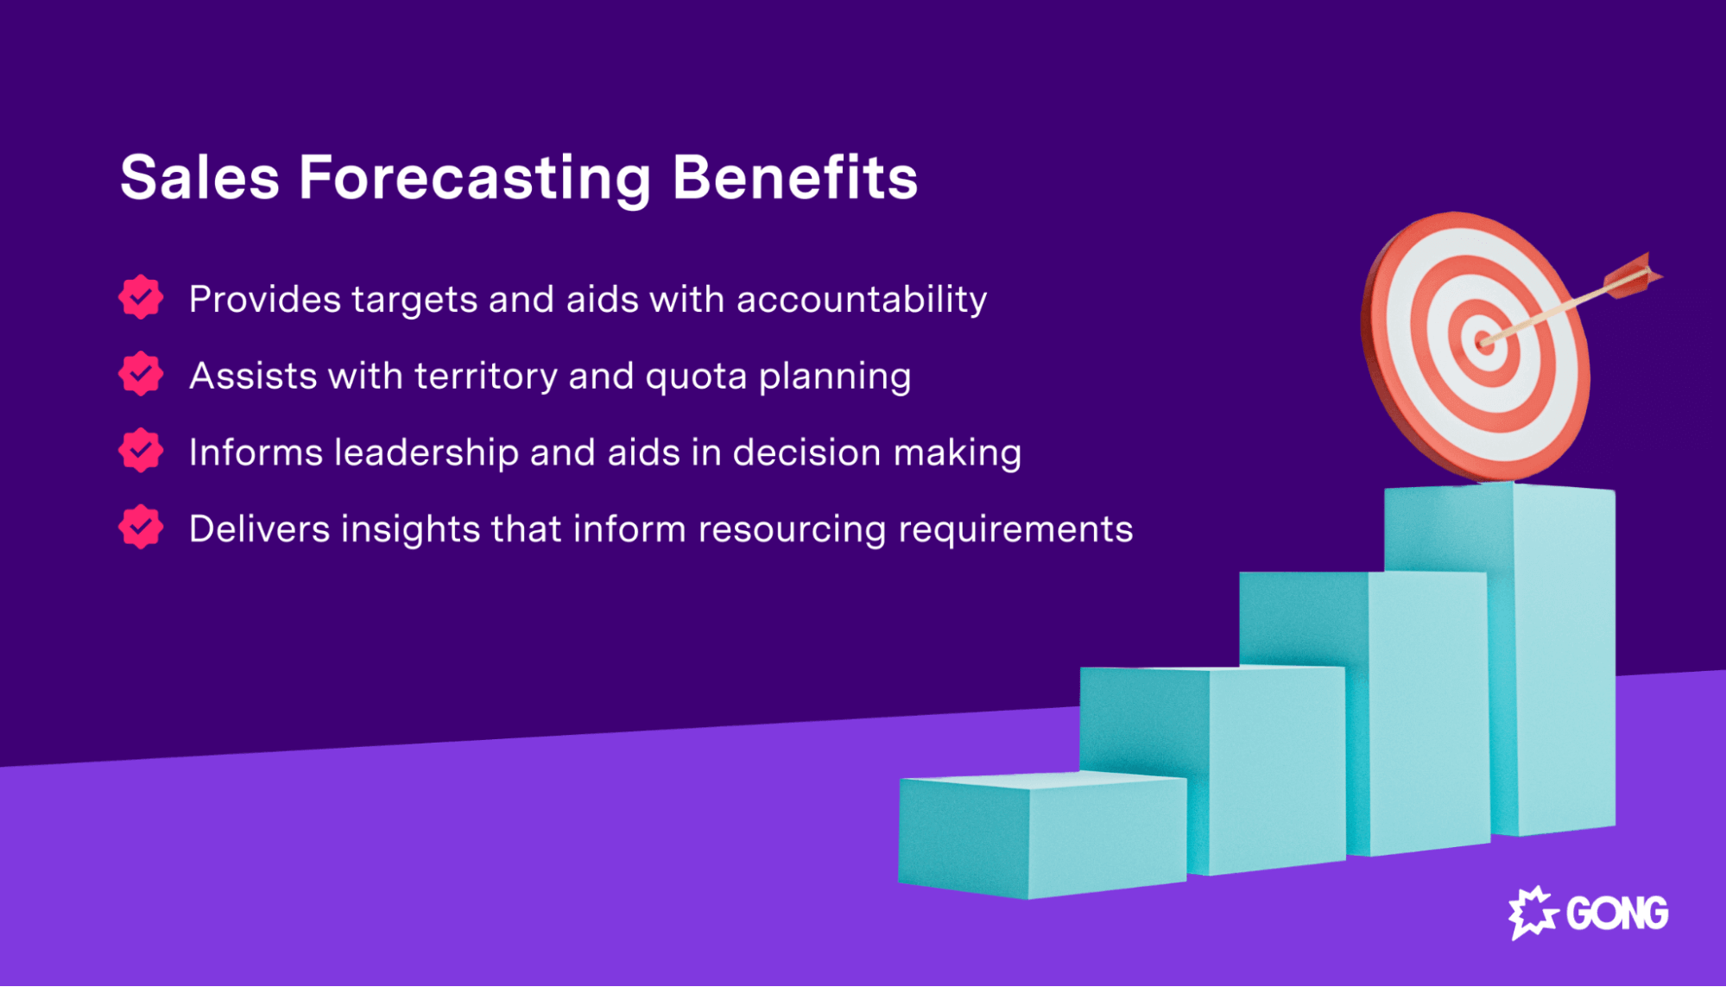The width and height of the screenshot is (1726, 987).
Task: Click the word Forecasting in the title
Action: click(475, 179)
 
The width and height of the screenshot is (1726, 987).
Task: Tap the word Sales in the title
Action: click(200, 179)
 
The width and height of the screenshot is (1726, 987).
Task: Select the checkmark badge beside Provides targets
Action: click(141, 298)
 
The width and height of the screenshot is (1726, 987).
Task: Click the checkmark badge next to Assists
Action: click(141, 374)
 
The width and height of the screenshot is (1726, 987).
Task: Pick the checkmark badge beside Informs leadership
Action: click(141, 451)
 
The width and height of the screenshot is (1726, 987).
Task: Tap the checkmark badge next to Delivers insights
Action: click(141, 528)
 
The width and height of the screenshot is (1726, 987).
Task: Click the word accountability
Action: click(861, 300)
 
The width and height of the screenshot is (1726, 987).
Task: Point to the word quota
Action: click(696, 377)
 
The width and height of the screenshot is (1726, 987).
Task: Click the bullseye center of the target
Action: click(1483, 343)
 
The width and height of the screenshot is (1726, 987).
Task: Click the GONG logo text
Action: click(1616, 914)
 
